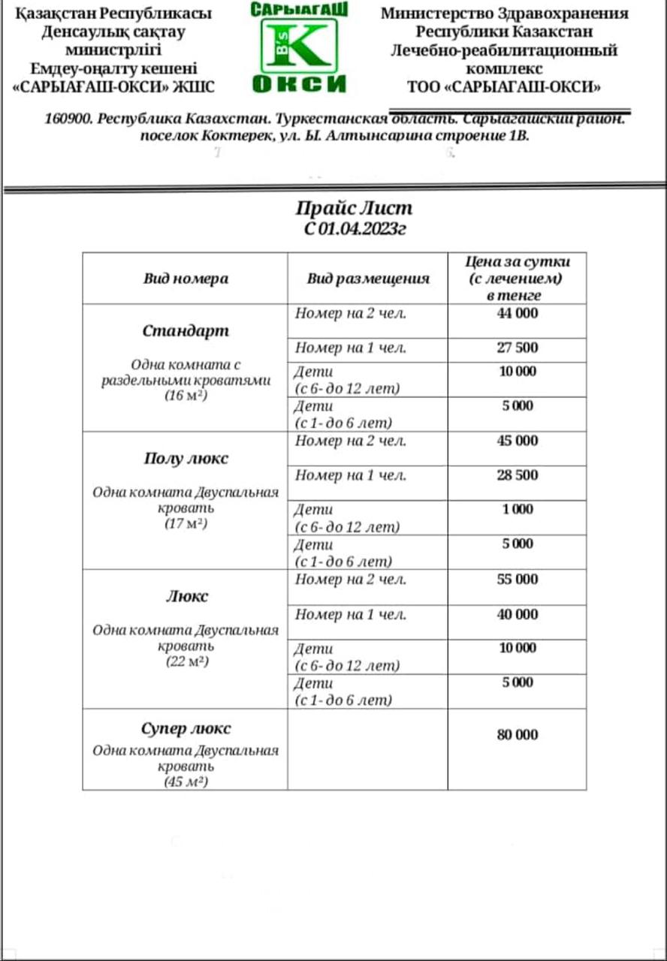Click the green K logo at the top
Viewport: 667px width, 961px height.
[x=299, y=45]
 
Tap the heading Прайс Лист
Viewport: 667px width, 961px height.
[x=354, y=208]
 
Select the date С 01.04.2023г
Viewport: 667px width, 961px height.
[x=355, y=229]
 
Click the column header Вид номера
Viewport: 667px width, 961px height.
[x=186, y=279]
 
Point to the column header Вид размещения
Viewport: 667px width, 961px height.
[x=367, y=279]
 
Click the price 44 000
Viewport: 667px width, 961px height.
[x=517, y=313]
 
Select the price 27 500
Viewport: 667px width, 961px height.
[x=517, y=348]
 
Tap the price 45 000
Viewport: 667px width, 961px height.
[x=517, y=441]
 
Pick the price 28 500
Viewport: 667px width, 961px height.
[x=517, y=475]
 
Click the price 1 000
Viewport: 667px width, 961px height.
[x=518, y=509]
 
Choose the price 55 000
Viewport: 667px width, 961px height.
[x=517, y=579]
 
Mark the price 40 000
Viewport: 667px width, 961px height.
[x=517, y=614]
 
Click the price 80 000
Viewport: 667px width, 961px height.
[x=517, y=735]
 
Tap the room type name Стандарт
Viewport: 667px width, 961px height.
[x=186, y=331]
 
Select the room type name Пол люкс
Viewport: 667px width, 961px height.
[x=186, y=459]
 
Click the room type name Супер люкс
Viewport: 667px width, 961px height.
[x=186, y=729]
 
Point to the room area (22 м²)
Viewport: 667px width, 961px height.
[x=186, y=662]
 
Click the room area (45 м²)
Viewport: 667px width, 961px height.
[x=186, y=782]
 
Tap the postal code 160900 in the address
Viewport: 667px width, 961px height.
[x=69, y=119]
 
